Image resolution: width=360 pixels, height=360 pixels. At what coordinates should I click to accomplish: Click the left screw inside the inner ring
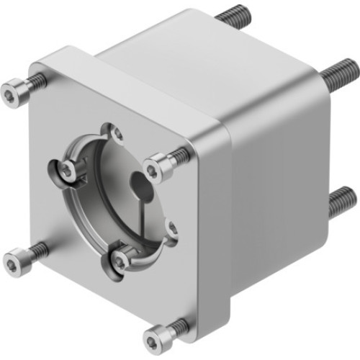pyautogui.click(x=67, y=170)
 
